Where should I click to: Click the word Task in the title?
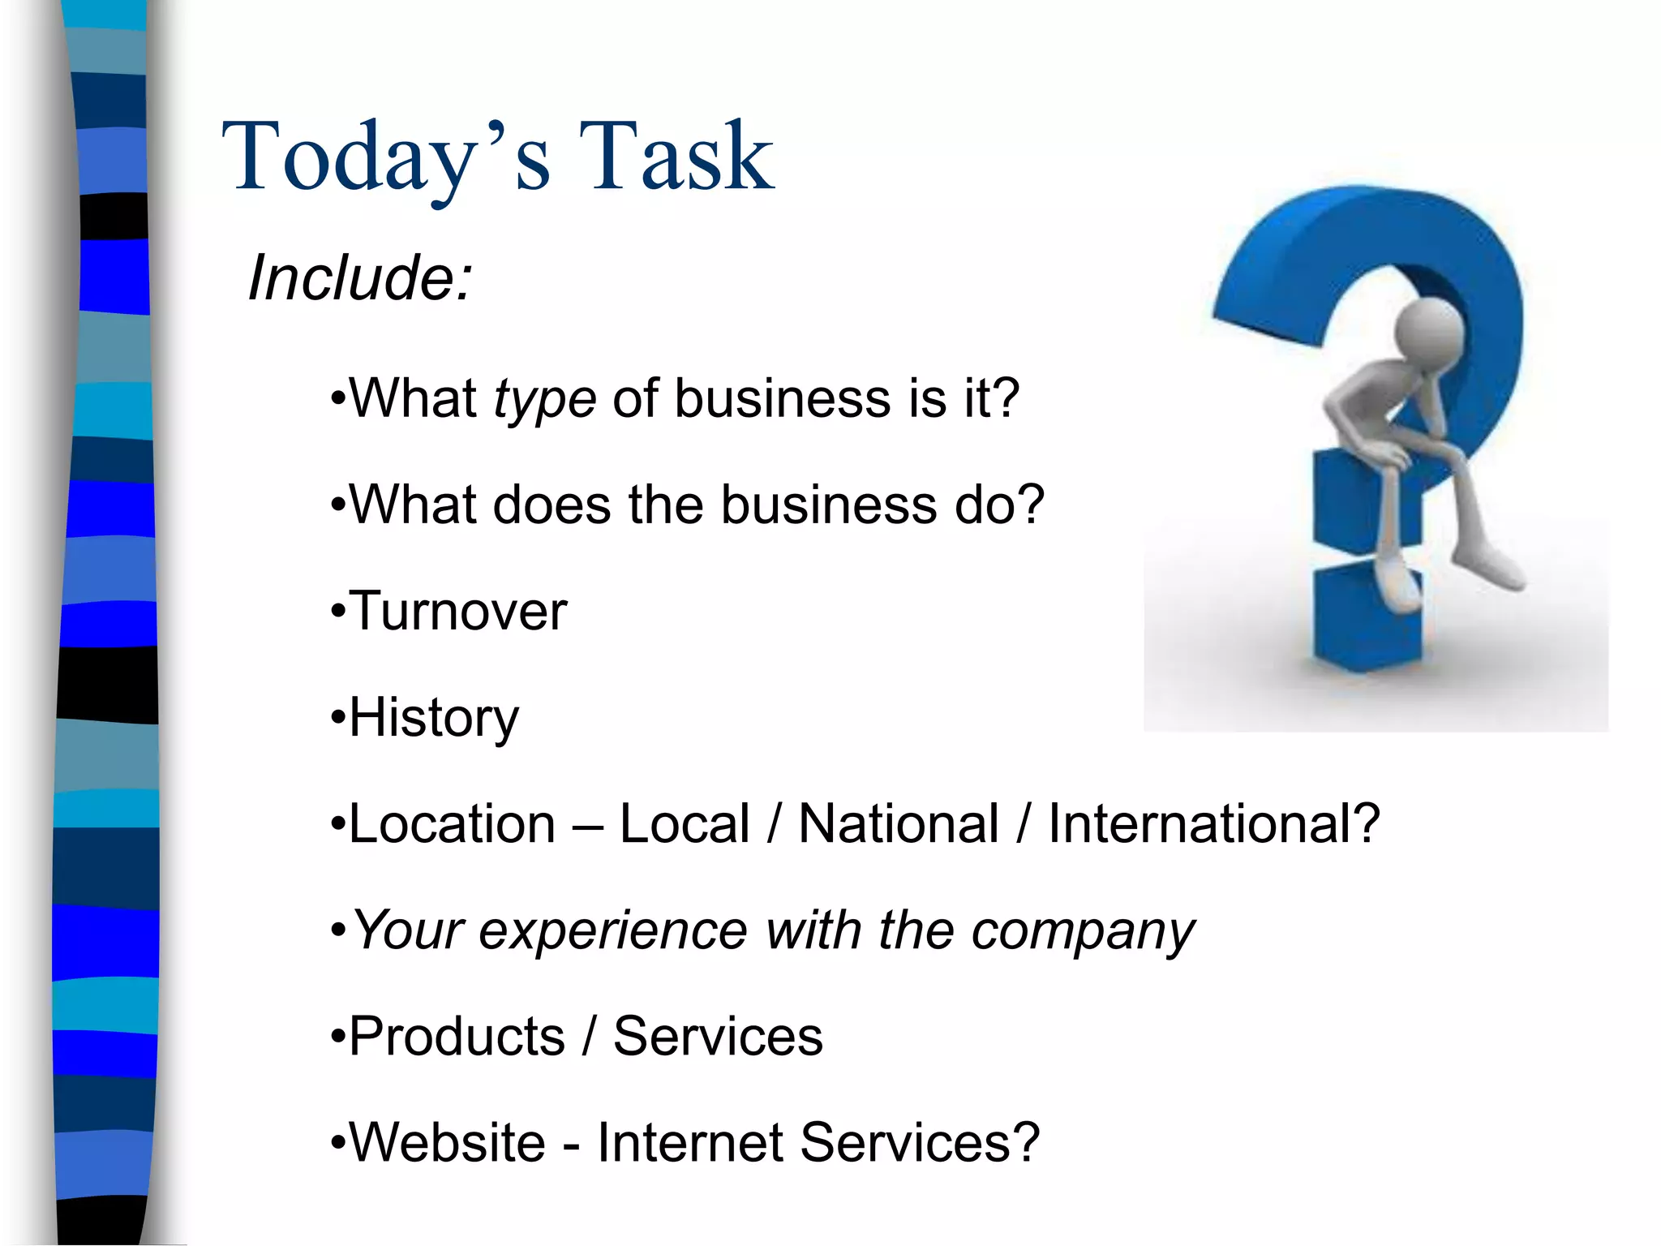676,156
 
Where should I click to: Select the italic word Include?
359,277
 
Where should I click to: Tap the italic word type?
544,399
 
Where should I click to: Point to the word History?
434,718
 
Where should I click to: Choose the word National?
899,824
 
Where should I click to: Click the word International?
1214,824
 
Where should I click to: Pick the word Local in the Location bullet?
685,824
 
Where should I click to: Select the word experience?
613,930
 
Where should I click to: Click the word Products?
457,1037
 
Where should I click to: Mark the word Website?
447,1143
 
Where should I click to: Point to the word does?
551,505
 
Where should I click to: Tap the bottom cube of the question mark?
1367,621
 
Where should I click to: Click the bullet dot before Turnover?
338,612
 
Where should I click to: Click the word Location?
452,824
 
